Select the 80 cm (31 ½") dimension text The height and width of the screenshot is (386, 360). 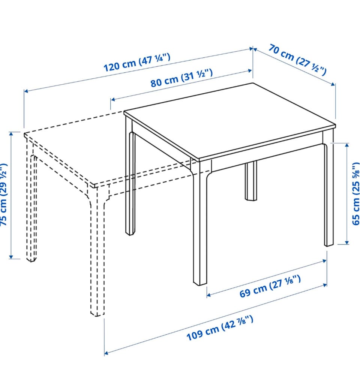click(181, 78)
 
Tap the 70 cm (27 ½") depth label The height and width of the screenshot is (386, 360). click(297, 59)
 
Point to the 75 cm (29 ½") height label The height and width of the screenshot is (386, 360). click(4, 194)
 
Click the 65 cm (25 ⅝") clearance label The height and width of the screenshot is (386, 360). click(355, 193)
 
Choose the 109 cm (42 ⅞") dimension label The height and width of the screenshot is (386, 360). click(220, 328)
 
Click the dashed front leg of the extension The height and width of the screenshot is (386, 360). click(97, 251)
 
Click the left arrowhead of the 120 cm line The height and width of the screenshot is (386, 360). click(25, 91)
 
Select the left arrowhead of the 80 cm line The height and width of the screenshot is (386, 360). click(113, 99)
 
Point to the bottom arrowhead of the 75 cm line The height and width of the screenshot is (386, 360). click(11, 257)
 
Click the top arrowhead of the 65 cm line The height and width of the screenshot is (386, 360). click(347, 145)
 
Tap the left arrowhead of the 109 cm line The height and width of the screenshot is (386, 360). click(106, 353)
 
